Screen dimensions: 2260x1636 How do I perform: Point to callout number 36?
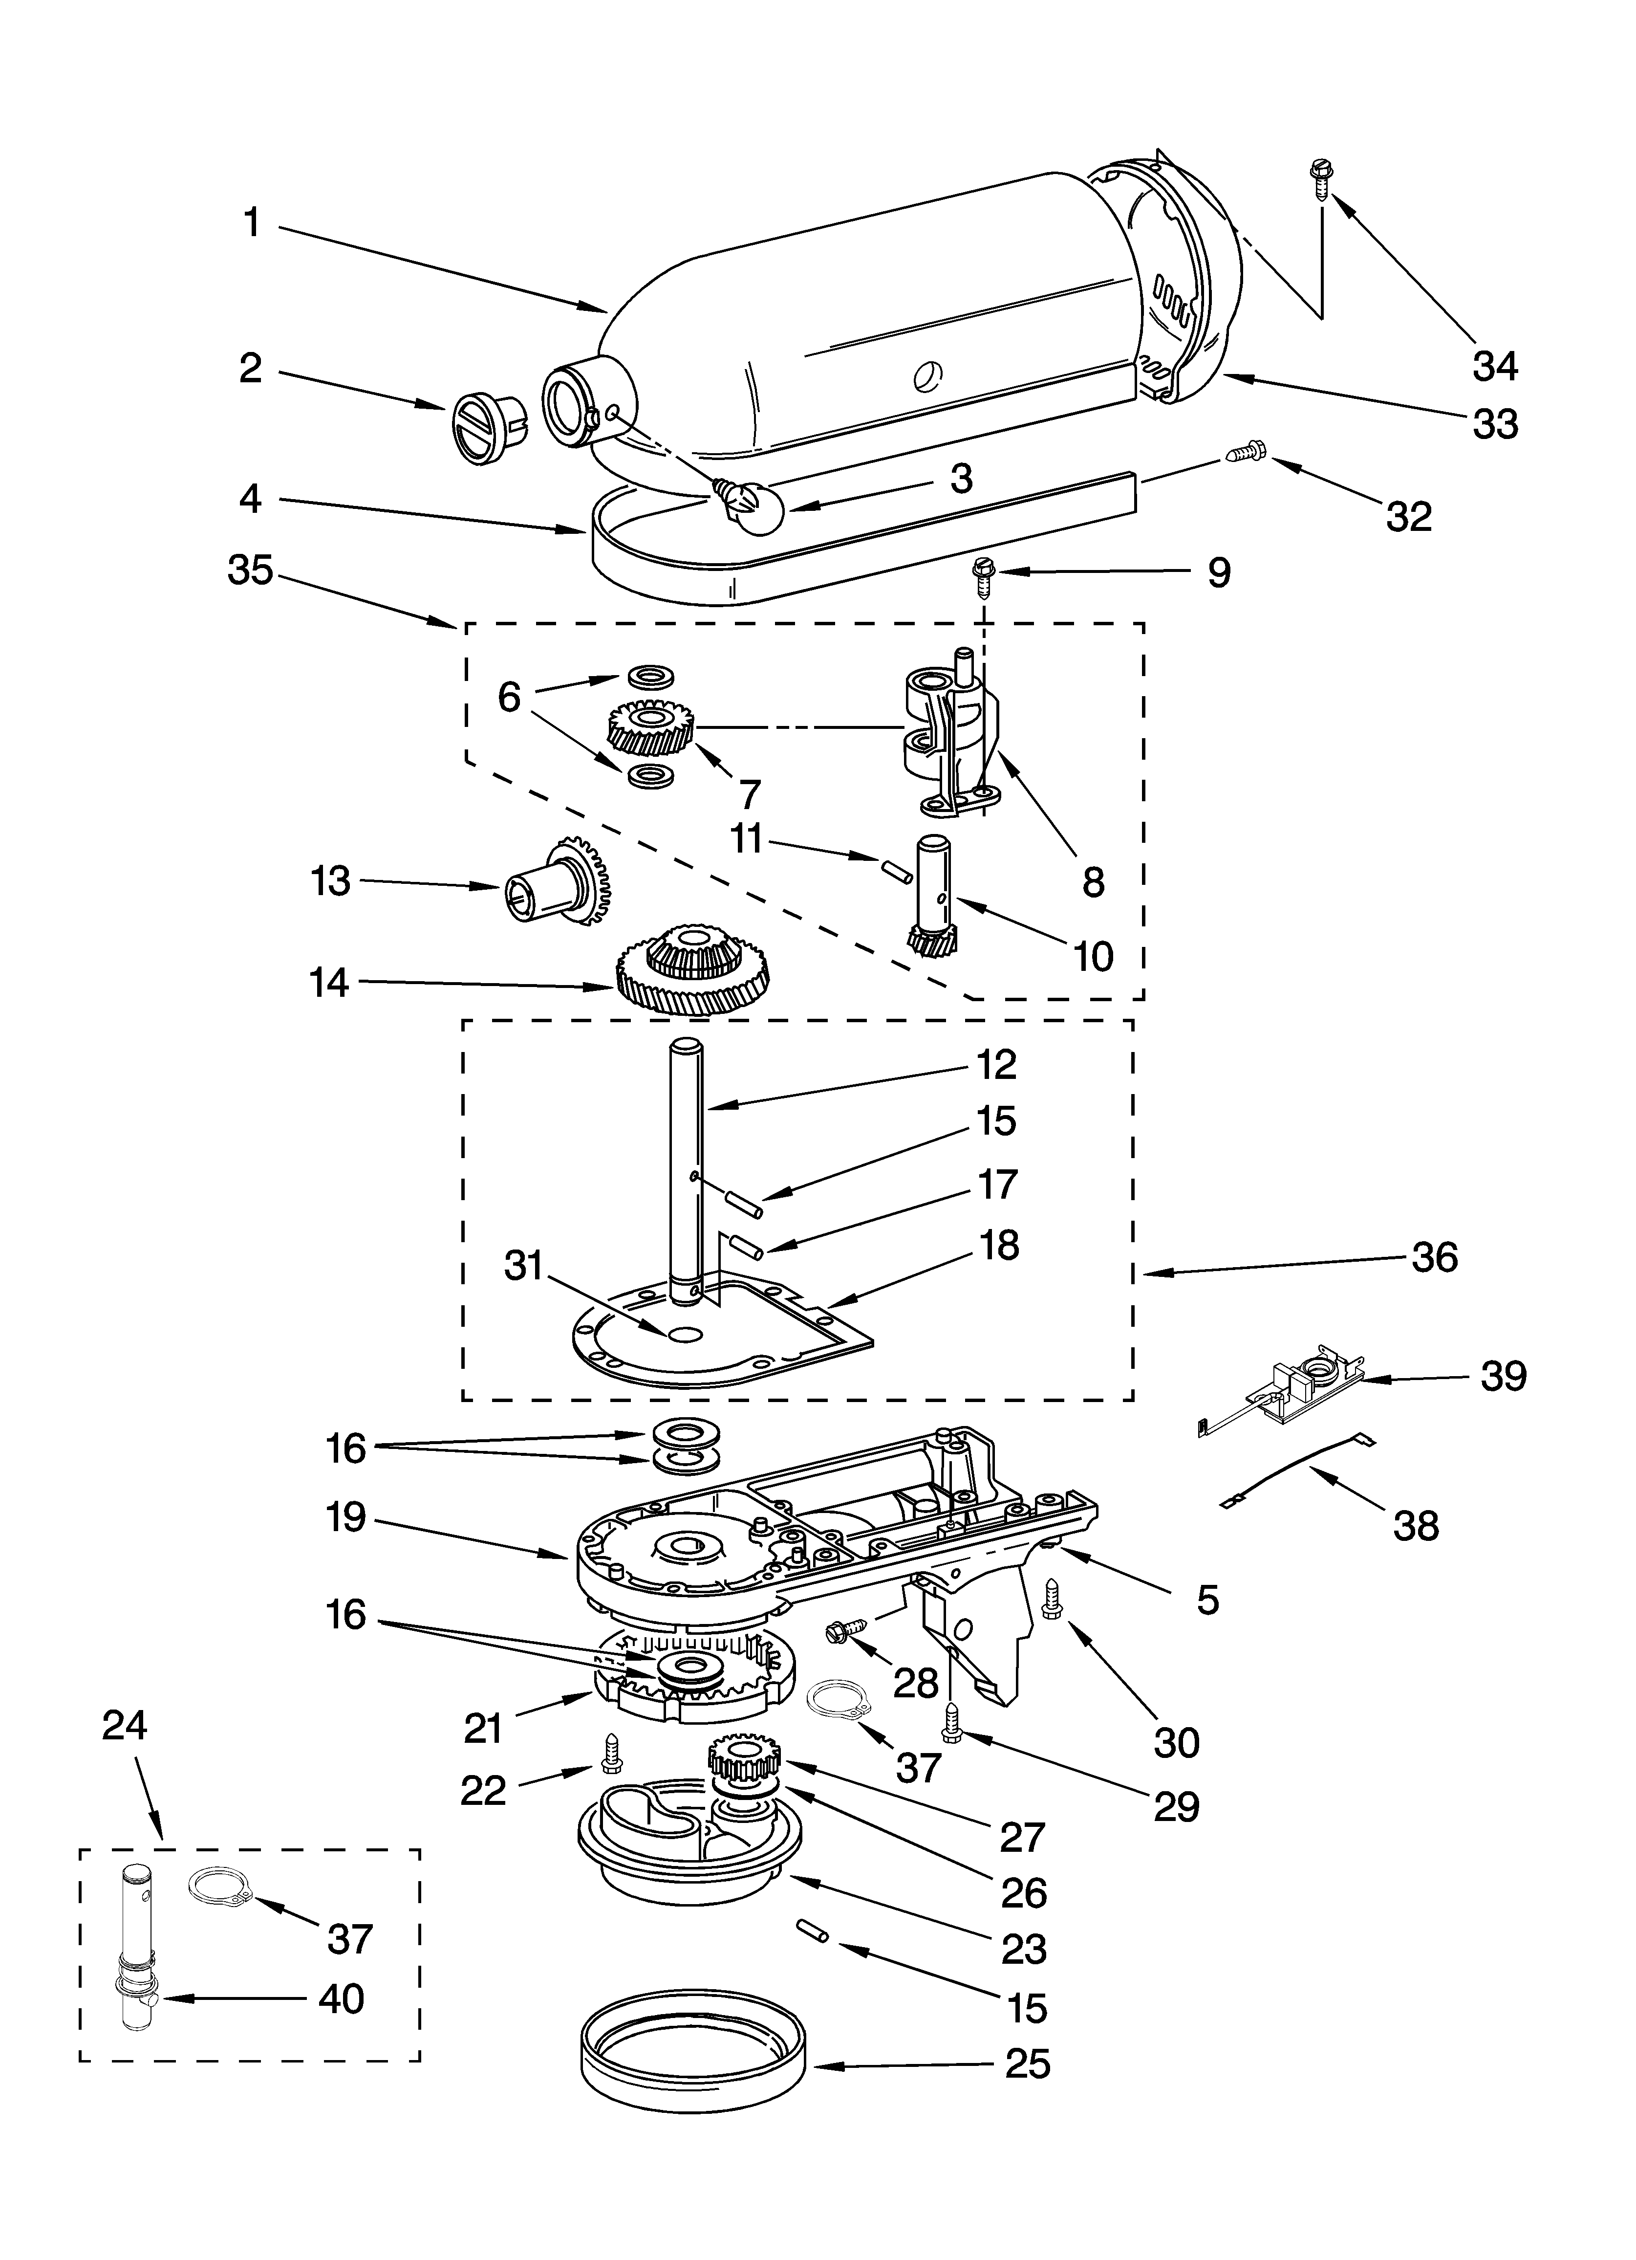click(1435, 1257)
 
